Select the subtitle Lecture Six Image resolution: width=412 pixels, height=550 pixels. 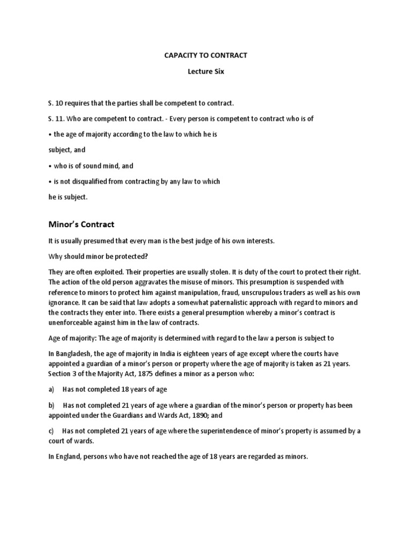point(205,71)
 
